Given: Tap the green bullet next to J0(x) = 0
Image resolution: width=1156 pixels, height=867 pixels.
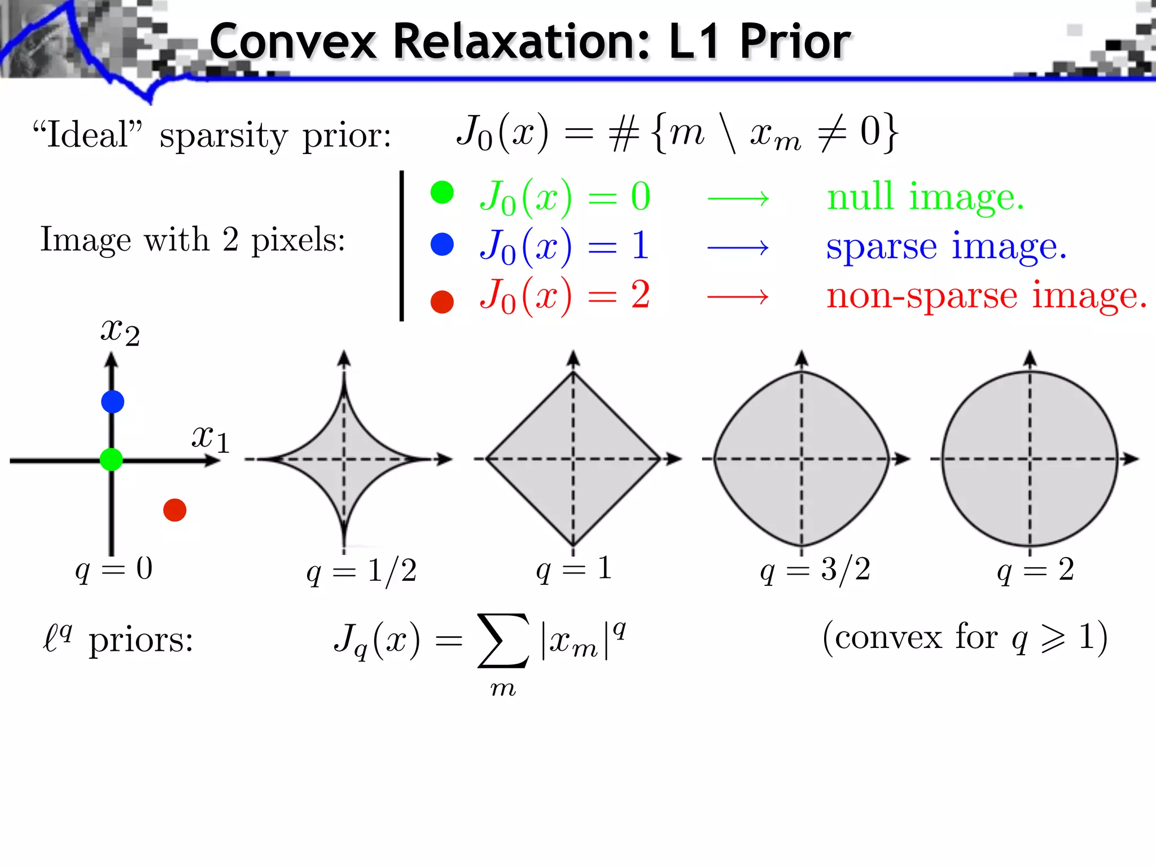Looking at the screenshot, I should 442,192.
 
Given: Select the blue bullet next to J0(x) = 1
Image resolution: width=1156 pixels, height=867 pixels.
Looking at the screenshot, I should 442,244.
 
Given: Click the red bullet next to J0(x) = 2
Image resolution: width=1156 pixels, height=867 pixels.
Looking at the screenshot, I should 442,301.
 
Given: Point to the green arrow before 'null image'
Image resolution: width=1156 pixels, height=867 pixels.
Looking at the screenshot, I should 738,198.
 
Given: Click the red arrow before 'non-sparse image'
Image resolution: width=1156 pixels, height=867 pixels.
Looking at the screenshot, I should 738,296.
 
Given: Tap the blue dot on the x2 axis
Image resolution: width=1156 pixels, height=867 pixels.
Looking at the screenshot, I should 112,402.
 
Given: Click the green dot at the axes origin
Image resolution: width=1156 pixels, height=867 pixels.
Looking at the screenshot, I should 111,459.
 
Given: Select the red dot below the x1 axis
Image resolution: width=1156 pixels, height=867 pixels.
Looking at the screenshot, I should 174,510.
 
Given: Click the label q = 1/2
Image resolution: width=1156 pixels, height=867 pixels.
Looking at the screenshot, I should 361,571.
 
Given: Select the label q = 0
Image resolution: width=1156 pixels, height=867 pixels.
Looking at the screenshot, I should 114,569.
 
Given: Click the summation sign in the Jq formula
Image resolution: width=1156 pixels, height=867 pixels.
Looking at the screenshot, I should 503,641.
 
